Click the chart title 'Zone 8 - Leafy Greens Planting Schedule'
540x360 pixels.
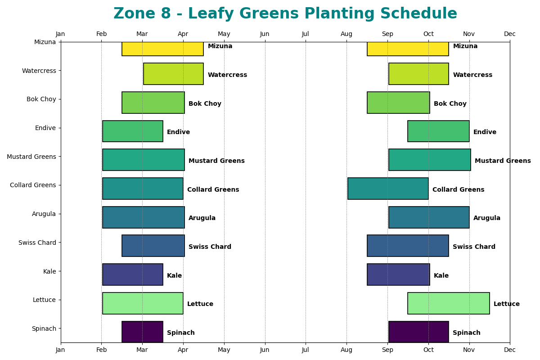point(285,14)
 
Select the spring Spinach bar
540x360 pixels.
point(142,332)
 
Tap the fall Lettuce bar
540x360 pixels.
point(448,303)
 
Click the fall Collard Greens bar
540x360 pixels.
point(388,189)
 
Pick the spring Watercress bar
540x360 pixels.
point(173,74)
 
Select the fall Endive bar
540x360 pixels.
point(438,131)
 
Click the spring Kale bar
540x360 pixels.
point(133,274)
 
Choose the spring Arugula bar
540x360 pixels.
point(143,217)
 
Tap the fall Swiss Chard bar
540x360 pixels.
point(408,246)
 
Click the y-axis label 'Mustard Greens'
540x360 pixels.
point(31,157)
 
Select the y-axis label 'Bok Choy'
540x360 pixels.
point(41,99)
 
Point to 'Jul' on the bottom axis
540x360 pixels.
point(306,350)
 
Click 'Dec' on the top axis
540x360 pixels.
point(510,34)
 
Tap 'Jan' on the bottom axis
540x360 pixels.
point(60,350)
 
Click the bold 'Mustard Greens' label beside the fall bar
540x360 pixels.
point(503,161)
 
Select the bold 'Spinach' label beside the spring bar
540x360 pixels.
point(181,333)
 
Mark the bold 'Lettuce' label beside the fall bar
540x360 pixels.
point(507,304)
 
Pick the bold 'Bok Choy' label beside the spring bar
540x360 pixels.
point(205,104)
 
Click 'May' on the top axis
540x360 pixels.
point(224,34)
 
